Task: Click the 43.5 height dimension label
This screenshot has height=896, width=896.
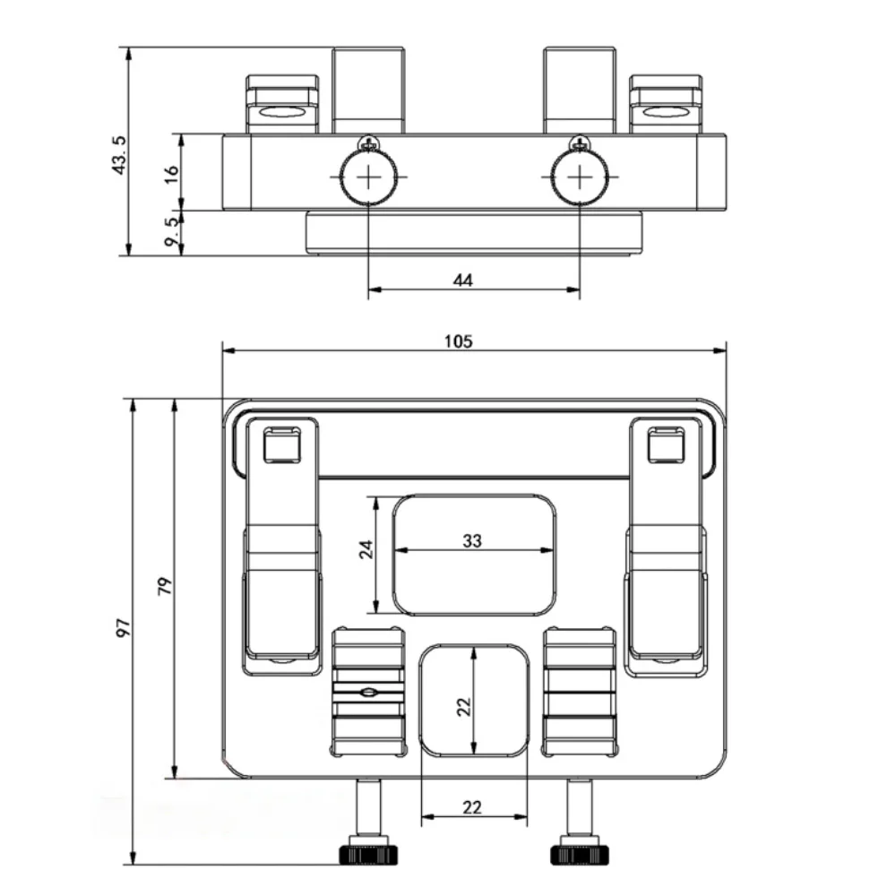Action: point(119,155)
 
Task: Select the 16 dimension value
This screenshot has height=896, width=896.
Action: point(171,174)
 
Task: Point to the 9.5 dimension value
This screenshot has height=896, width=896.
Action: point(172,231)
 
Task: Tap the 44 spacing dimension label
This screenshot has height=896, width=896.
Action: point(463,280)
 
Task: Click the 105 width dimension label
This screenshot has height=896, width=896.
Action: point(459,341)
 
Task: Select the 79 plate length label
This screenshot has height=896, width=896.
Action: point(165,586)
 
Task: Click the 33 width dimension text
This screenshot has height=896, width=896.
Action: point(472,540)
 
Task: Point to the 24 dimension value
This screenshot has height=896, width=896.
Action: point(366,549)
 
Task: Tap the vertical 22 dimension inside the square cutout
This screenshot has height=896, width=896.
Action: point(464,706)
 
